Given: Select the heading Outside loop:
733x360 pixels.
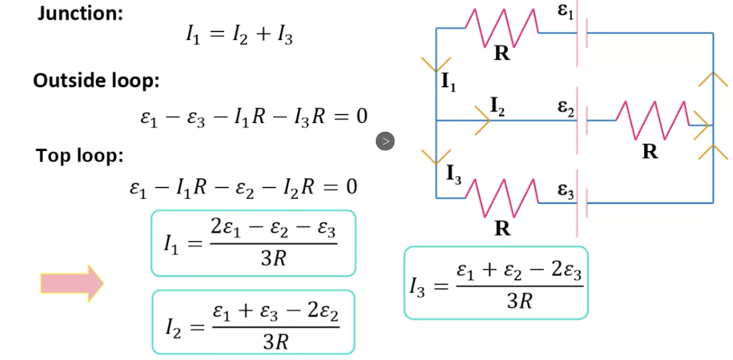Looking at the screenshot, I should [x=96, y=81].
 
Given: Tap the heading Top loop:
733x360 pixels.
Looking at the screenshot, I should [x=79, y=155].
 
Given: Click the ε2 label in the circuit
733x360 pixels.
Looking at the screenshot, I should [x=565, y=108].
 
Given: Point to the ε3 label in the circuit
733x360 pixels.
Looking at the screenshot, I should [x=565, y=190].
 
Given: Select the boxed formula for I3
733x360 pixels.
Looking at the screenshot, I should [x=496, y=283].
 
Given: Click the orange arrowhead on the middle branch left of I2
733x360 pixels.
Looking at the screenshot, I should [x=480, y=122].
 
